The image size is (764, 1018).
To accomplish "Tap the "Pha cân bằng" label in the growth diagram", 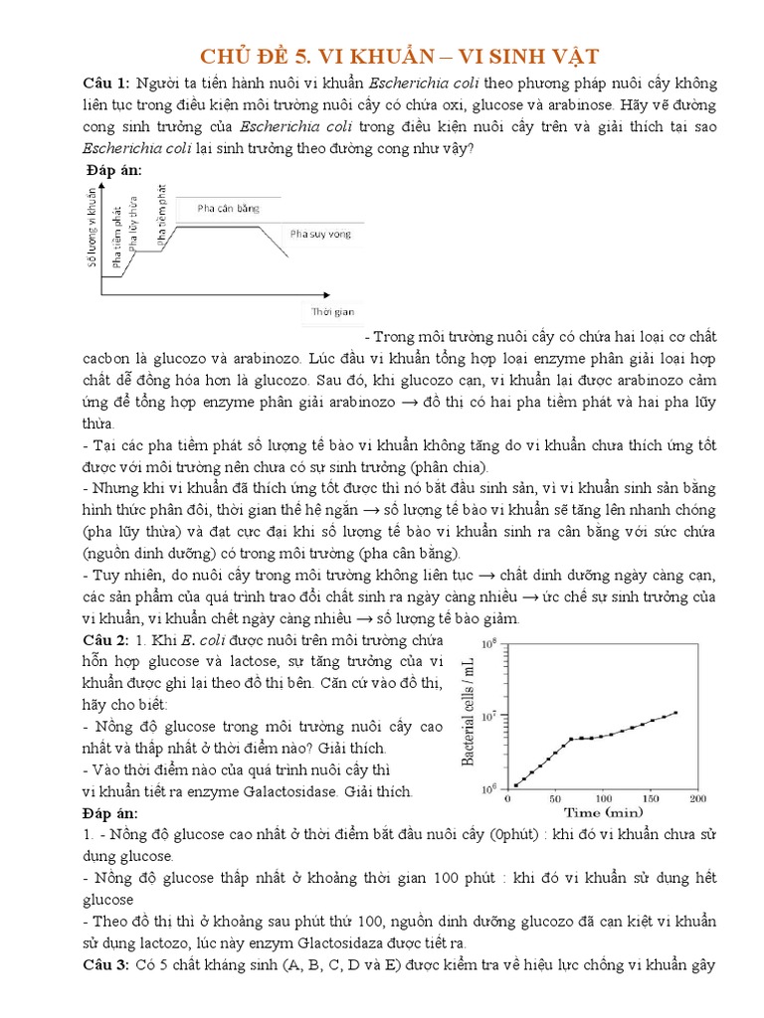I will click(x=228, y=208).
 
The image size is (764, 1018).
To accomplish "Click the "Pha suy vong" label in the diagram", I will click(x=321, y=234).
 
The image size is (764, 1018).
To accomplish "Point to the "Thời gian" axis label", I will click(x=332, y=311).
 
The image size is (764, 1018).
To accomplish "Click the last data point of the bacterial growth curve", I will click(x=676, y=712).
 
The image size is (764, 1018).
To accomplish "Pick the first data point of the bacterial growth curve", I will click(x=516, y=785).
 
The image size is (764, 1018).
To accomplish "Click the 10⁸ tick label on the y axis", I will click(x=489, y=645).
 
